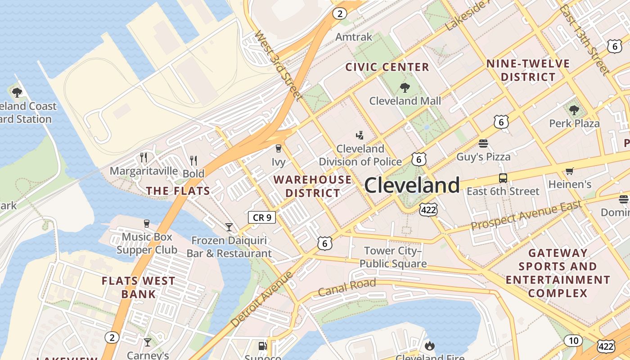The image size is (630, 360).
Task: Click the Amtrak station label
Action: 354,37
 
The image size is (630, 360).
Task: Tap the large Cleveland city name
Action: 412,185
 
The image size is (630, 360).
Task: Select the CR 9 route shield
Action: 262,217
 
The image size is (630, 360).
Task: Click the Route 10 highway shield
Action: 573,341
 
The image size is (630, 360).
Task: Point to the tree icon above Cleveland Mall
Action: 405,88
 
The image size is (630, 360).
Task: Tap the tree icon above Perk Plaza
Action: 574,110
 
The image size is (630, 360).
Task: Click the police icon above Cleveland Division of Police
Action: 360,135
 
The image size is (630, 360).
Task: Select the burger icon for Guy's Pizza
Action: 483,144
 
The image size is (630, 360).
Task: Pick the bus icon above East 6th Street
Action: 503,178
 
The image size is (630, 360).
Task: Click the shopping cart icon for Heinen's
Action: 569,171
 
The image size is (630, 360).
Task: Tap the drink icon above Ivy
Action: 279,148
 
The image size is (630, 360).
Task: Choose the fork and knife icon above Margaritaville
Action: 144,157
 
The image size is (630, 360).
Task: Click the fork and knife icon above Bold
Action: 193,160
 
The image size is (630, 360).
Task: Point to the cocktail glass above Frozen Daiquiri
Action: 229,227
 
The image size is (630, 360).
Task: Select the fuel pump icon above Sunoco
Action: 262,346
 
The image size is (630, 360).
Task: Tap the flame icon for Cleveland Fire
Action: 429,346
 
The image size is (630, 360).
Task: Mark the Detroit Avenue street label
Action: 261,299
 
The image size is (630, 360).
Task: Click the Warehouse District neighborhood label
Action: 313,186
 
